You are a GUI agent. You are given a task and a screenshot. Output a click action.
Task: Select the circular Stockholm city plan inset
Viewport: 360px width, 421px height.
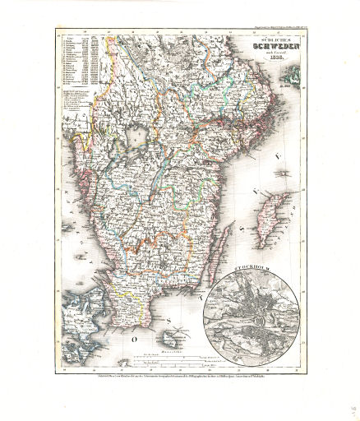(x=253, y=314)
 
